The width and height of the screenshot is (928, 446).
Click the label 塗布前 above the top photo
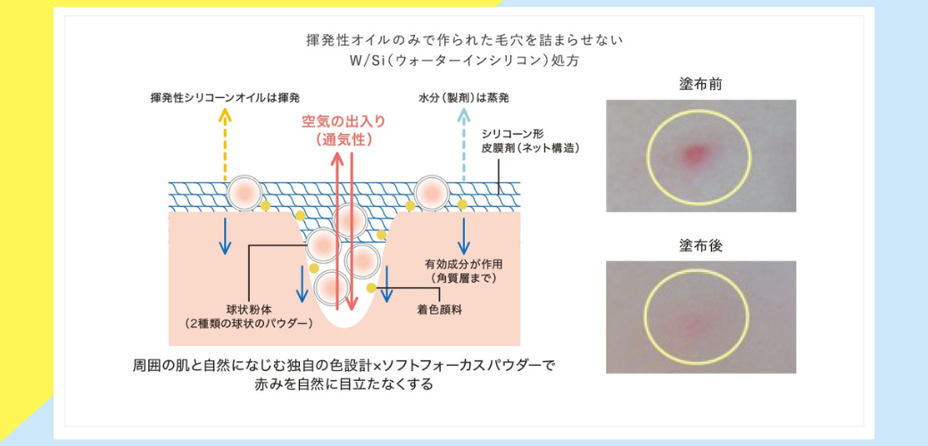pos(700,85)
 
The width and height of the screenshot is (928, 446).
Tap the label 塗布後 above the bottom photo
pos(700,246)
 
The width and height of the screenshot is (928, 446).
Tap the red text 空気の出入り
pos(344,121)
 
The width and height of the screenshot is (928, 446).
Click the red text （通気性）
pos(344,139)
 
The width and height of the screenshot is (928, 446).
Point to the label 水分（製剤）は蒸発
pos(463,97)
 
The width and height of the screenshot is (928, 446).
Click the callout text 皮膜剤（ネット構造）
pos(530,148)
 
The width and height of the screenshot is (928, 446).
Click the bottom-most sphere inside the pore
pos(331,287)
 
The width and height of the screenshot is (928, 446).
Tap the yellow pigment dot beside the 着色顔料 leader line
pos(371,287)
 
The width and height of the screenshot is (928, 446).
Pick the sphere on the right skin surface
pos(432,193)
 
